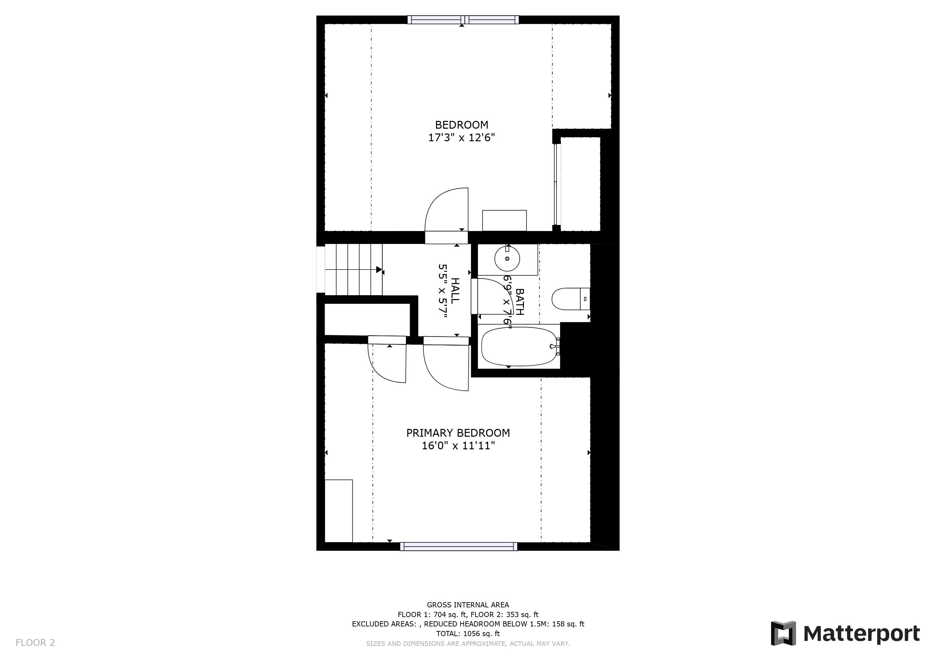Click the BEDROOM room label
[462, 125]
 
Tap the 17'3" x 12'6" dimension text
[462, 138]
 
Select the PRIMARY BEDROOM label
[458, 433]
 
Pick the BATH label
[519, 302]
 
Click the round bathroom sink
[507, 259]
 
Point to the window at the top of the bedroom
[463, 20]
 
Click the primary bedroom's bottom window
[459, 546]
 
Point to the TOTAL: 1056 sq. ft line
[468, 634]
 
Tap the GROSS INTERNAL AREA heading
[468, 605]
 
